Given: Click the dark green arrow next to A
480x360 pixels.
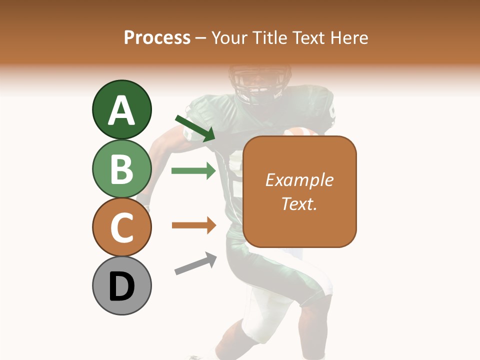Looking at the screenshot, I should (195, 128).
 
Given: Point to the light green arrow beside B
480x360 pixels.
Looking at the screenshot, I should (193, 171).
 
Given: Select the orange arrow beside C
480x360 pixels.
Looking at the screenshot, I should (193, 225).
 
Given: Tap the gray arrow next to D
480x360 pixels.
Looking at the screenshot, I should (195, 263).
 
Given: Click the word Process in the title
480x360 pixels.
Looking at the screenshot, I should (157, 37).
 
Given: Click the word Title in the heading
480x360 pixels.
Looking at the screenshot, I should (271, 37).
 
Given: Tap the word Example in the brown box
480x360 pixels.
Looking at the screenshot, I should (299, 180).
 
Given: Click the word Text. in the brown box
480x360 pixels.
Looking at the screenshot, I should (299, 203).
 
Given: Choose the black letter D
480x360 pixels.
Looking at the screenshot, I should (121, 286).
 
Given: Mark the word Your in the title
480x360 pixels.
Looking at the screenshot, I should (230, 37).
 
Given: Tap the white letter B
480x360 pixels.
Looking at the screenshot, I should (121, 169).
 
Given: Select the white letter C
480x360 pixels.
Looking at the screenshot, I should (121, 227).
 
